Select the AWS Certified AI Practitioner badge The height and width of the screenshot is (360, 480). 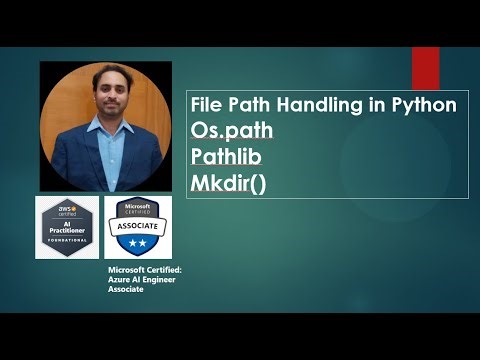[66, 227]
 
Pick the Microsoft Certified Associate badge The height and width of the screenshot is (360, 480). [138, 225]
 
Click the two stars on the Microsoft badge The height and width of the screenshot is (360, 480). [138, 243]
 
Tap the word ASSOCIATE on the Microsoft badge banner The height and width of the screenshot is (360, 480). [138, 228]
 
